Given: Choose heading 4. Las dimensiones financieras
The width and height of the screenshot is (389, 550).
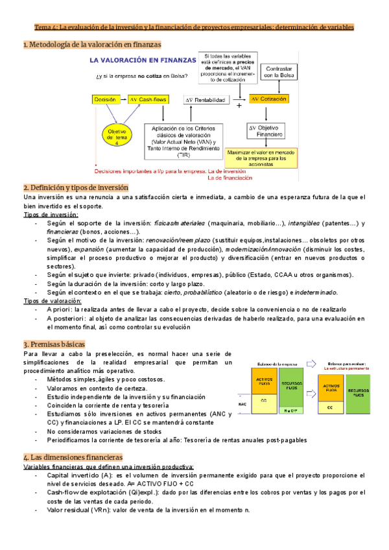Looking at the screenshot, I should [73, 457].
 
